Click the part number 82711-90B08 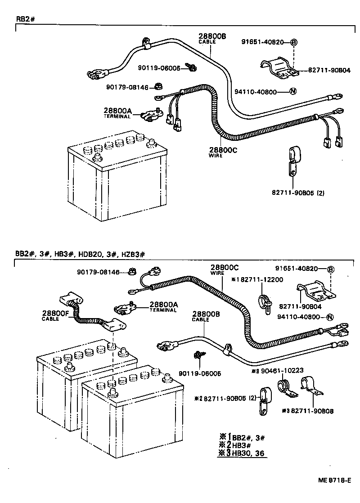pos(313,411)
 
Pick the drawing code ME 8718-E pos(333,481)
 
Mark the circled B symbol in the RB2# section pos(293,42)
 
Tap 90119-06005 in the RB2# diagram pos(160,68)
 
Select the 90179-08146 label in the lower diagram pos(99,272)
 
